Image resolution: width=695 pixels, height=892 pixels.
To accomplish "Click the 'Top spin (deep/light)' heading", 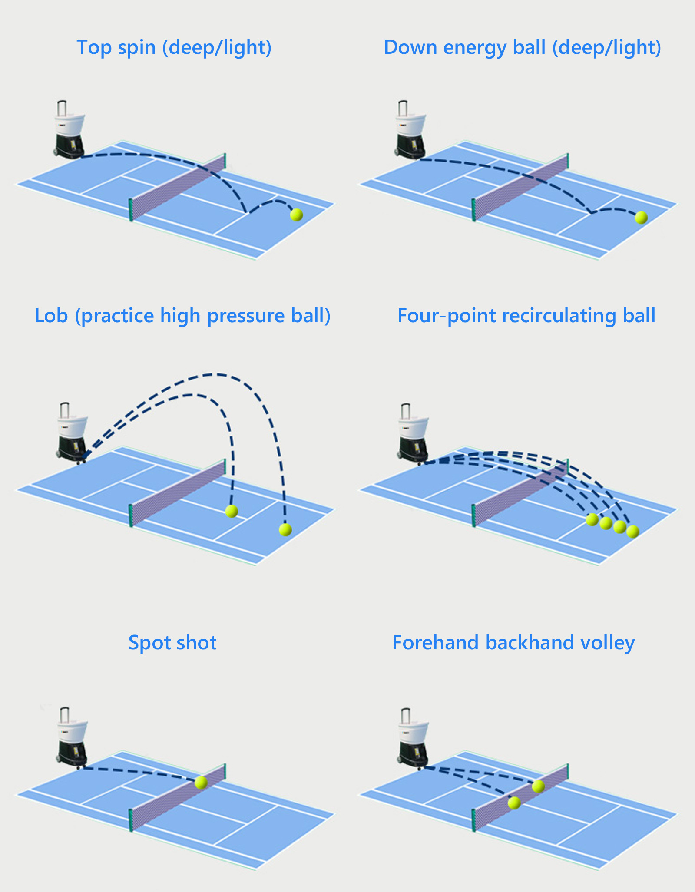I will coord(174,47).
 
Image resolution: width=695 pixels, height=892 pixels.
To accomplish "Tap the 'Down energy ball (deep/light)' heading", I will coord(522,47).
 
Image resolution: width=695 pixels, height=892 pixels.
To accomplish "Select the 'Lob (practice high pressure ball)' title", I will coord(182,316).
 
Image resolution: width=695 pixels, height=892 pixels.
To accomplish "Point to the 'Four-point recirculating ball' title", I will coord(526,316).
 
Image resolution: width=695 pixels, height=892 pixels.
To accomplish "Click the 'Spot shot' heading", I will coord(172,642).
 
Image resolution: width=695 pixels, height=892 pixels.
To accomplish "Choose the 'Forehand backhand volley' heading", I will coord(513,642).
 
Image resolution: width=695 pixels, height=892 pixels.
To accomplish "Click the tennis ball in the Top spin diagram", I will coord(296,215).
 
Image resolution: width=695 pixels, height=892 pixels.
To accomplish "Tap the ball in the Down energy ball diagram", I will coord(641,217).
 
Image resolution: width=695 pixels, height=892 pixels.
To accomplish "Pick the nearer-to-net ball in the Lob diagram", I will coord(232,511).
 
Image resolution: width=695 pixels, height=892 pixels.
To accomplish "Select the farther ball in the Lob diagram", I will coord(285,529).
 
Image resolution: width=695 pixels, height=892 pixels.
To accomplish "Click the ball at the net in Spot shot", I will coord(201,782).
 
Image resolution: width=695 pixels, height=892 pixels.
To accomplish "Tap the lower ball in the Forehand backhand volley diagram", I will coord(514,803).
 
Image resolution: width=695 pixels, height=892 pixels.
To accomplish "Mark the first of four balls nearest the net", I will coord(592,519).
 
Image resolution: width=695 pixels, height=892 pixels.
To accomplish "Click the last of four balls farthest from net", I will coord(632,531).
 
